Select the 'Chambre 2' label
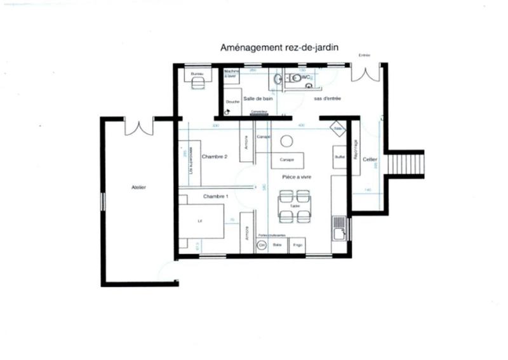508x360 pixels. point(215,156)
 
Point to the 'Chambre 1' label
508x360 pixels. point(215,197)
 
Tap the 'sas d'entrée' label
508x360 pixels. point(328,98)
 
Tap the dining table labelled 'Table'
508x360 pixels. point(295,207)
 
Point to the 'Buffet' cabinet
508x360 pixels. point(339,157)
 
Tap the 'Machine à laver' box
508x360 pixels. point(232,75)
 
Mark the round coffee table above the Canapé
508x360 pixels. point(287,140)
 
